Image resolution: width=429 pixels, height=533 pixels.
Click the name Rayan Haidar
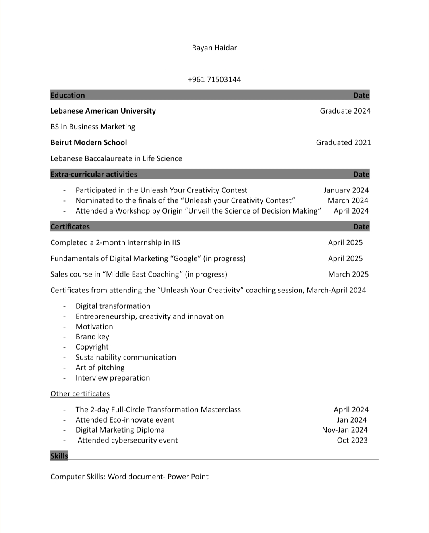[214, 48]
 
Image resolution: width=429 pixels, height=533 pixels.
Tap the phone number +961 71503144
[214, 79]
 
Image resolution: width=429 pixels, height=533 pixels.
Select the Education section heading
[68, 95]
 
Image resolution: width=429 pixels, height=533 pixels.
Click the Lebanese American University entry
[103, 111]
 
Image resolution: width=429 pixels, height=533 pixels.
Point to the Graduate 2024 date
[345, 111]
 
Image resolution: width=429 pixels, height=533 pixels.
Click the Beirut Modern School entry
[89, 142]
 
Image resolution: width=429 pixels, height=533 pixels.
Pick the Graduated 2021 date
[343, 142]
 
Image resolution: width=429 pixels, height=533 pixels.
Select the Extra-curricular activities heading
[94, 174]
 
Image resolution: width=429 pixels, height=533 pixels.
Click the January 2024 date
[346, 190]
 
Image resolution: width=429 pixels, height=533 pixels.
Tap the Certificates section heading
[70, 227]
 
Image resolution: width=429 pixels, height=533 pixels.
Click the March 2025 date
[348, 274]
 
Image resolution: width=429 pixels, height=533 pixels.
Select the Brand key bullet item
[92, 337]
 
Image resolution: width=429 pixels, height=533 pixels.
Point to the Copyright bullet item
[92, 347]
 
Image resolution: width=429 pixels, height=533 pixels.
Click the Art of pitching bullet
[100, 368]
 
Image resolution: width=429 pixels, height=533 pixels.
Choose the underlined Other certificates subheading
[80, 394]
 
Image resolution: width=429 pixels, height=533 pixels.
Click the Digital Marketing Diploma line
[120, 430]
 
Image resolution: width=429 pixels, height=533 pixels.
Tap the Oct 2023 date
[352, 440]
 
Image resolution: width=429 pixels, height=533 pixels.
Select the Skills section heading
[59, 456]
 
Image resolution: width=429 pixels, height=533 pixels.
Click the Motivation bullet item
[95, 327]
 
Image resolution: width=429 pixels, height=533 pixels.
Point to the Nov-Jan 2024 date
[345, 430]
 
